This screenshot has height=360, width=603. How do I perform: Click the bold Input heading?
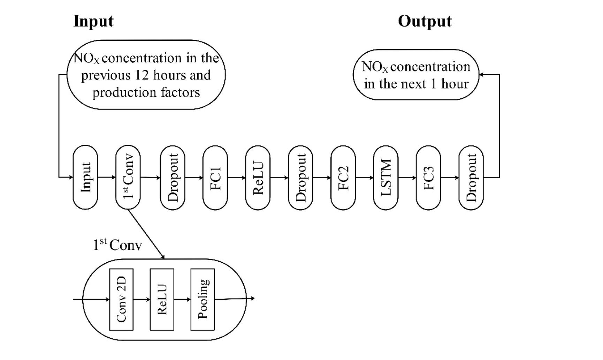pyautogui.click(x=93, y=21)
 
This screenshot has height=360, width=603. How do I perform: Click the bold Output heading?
pyautogui.click(x=425, y=21)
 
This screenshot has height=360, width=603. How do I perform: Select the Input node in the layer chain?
pyautogui.click(x=85, y=177)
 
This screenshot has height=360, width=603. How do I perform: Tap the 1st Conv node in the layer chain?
pyautogui.click(x=128, y=177)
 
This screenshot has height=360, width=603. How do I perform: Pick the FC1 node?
pyautogui.click(x=215, y=178)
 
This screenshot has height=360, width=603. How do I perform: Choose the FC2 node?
pyautogui.click(x=343, y=178)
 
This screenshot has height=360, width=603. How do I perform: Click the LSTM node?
pyautogui.click(x=386, y=178)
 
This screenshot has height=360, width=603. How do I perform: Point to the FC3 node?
pyautogui.click(x=428, y=178)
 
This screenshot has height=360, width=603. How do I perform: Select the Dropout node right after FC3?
pyautogui.click(x=471, y=178)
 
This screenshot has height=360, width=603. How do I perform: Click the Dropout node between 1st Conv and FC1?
pyautogui.click(x=173, y=178)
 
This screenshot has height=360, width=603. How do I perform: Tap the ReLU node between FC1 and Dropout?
pyautogui.click(x=258, y=178)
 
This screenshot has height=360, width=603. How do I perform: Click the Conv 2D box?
pyautogui.click(x=121, y=299)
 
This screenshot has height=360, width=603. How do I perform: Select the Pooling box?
pyautogui.click(x=203, y=299)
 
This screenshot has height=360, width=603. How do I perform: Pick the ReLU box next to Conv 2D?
pyautogui.click(x=162, y=299)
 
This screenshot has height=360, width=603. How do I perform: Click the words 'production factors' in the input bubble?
pyautogui.click(x=146, y=92)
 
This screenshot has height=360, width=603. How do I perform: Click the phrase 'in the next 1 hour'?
pyautogui.click(x=416, y=84)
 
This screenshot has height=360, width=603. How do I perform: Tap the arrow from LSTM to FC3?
pyautogui.click(x=407, y=178)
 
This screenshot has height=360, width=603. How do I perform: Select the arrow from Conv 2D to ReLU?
pyautogui.click(x=142, y=299)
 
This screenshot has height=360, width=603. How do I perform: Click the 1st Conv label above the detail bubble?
pyautogui.click(x=117, y=245)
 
